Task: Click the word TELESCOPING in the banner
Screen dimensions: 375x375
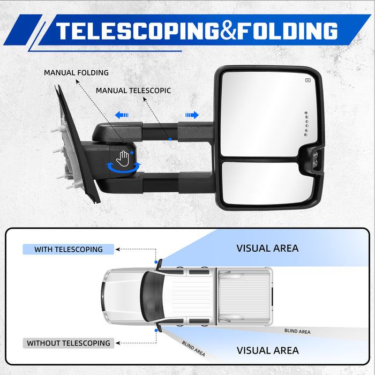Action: pos(137,31)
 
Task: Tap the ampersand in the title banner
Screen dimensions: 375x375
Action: pos(228,31)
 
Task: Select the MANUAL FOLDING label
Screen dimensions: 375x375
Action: pos(76,72)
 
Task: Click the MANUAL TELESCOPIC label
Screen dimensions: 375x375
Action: pos(133,91)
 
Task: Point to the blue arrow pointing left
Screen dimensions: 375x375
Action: pos(122,115)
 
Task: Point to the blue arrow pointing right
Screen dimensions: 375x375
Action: pos(192,115)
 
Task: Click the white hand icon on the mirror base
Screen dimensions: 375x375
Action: pos(123,159)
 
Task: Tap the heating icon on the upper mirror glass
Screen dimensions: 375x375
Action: pos(308,80)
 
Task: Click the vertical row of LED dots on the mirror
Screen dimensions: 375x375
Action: pos(306,124)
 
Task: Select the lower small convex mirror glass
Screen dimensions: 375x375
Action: pos(267,183)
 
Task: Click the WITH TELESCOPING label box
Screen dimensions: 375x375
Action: pos(69,249)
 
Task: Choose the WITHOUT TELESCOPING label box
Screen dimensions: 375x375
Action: pos(69,343)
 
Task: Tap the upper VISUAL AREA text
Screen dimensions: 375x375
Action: pos(268,248)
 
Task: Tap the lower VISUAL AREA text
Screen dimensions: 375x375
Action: pos(268,350)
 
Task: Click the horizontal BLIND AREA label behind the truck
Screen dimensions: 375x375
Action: pos(297,331)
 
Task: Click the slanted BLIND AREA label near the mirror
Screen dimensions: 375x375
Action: pos(193,348)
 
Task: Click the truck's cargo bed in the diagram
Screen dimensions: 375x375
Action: pos(244,297)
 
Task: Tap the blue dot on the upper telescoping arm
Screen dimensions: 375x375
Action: pos(170,139)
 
